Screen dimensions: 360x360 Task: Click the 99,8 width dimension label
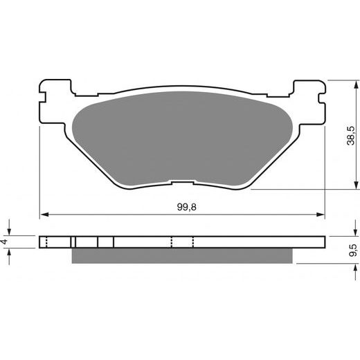(x=186, y=207)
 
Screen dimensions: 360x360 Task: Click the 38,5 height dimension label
(x=351, y=136)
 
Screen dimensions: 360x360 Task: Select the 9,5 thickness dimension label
(x=353, y=250)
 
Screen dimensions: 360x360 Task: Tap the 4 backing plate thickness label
(x=5, y=242)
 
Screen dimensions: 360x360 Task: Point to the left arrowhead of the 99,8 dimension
(x=44, y=215)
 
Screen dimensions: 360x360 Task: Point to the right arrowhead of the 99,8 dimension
(x=321, y=215)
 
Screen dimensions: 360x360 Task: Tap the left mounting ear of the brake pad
(x=55, y=102)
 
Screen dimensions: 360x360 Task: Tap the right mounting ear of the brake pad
(x=309, y=102)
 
